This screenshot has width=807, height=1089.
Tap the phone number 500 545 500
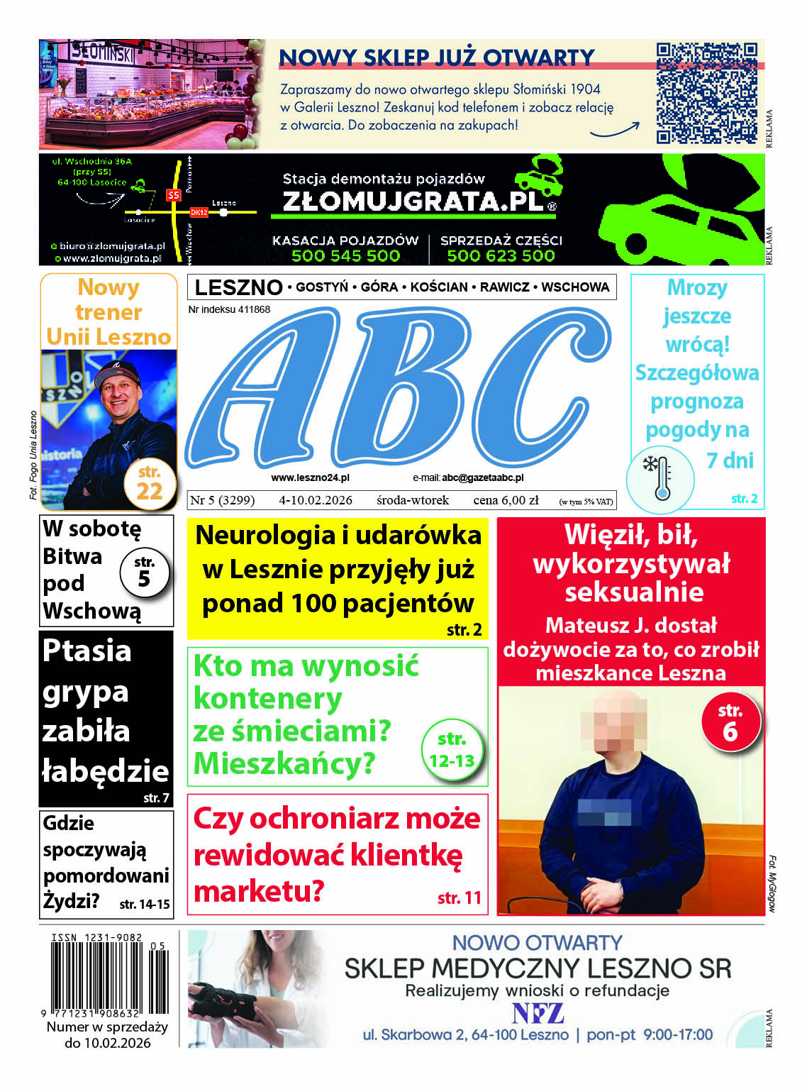(345, 255)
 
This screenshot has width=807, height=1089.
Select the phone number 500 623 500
(501, 255)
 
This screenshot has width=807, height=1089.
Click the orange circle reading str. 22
(149, 484)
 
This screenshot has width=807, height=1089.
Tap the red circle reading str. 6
(730, 722)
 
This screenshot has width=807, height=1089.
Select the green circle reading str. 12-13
(452, 751)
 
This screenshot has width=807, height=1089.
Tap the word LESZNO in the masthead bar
(238, 287)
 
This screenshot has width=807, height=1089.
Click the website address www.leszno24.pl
(310, 478)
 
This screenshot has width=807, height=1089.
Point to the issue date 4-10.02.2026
(316, 500)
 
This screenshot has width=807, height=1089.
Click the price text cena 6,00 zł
(506, 500)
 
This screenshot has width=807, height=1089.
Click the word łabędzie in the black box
(106, 770)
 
